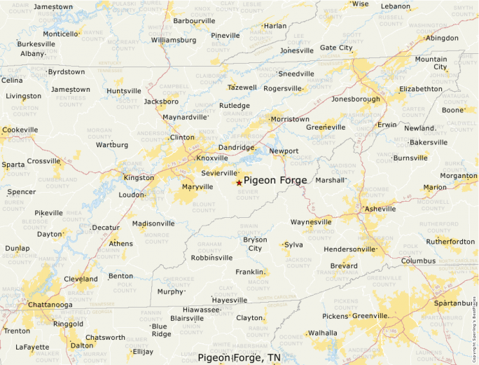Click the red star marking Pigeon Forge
click(x=239, y=182)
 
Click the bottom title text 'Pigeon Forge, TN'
click(x=239, y=358)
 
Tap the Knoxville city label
click(x=212, y=158)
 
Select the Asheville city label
click(x=380, y=209)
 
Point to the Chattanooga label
click(x=50, y=305)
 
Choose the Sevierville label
click(x=219, y=172)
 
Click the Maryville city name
click(x=197, y=187)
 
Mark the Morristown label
click(x=290, y=119)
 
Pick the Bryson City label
click(x=255, y=244)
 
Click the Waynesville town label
click(x=312, y=222)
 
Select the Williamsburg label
click(x=174, y=40)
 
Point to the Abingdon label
click(x=441, y=38)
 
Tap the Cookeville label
click(x=20, y=130)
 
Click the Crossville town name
click(x=44, y=160)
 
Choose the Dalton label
click(x=82, y=345)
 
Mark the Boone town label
click(x=452, y=110)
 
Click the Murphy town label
click(x=169, y=291)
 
